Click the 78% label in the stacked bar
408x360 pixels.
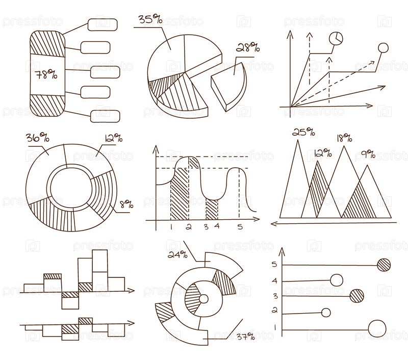(46, 74)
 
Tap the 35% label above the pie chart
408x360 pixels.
(150, 19)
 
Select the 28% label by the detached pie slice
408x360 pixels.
(248, 47)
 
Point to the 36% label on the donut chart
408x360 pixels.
(37, 137)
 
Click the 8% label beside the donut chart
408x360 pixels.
(126, 204)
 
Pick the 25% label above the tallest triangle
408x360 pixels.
(303, 132)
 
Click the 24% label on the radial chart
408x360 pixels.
(177, 254)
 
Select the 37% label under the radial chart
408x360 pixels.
(246, 337)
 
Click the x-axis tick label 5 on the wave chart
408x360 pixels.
(240, 227)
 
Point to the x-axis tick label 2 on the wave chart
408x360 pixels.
(189, 227)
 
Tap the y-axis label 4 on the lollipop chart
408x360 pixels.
(275, 281)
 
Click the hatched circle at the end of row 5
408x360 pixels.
(384, 265)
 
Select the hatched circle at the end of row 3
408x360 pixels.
(356, 296)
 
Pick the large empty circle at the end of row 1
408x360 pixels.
(377, 328)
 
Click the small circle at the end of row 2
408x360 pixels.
(326, 313)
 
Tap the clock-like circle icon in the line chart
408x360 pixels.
(336, 39)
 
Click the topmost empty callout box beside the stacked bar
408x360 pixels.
(103, 24)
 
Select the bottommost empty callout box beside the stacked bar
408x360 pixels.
(105, 116)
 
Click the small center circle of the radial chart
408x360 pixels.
(203, 299)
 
